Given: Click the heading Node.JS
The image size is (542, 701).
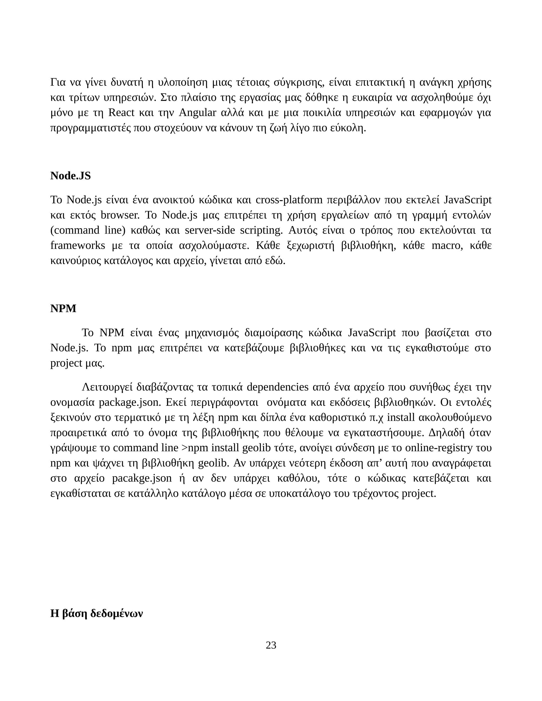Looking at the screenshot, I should point(70,176).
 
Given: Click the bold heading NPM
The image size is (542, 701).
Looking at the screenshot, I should point(63,308).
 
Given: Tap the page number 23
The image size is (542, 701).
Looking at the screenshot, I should point(271,645).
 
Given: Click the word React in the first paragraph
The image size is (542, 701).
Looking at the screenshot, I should point(121,113).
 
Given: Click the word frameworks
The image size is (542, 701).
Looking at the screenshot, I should point(78,245).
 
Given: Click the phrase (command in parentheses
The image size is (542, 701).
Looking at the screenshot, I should point(75,230).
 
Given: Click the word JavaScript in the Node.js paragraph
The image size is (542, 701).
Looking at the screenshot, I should point(468,200).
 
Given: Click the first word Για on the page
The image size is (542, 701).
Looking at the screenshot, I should point(58,83).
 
